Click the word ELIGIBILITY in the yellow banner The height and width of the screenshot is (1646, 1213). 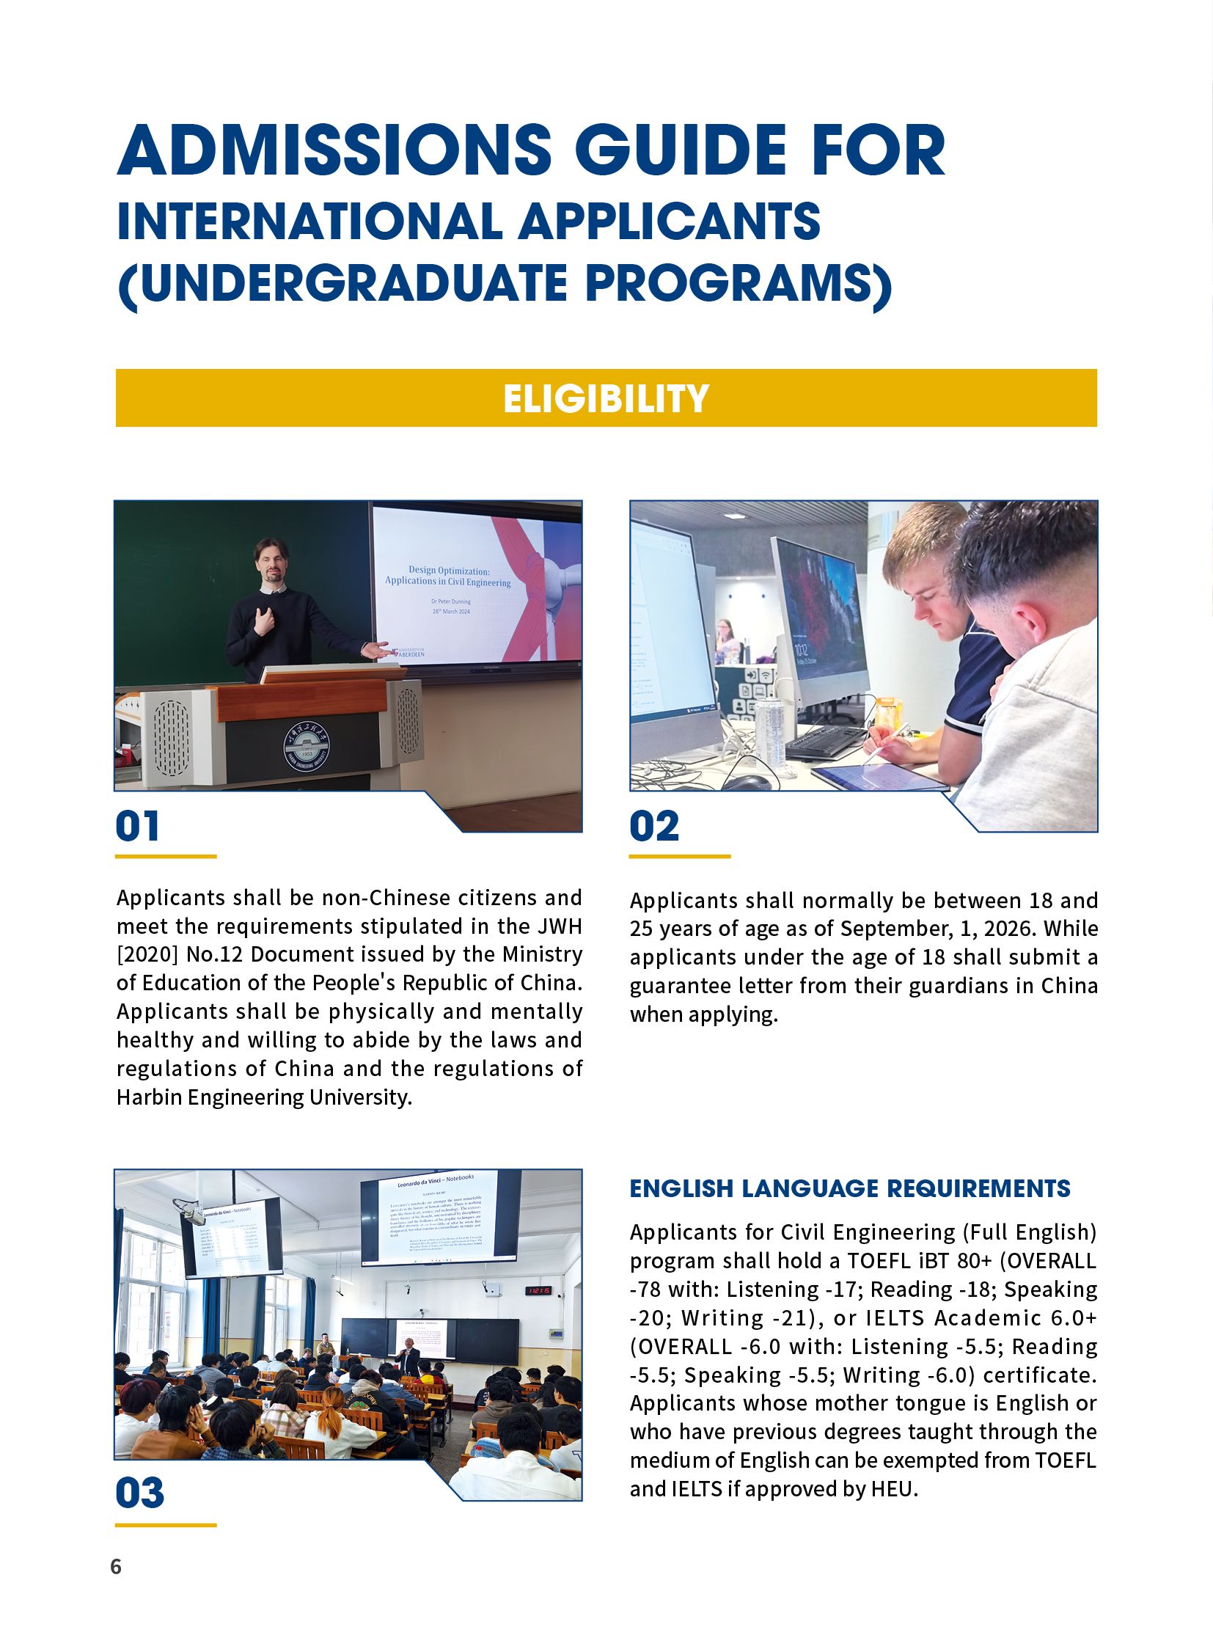606,398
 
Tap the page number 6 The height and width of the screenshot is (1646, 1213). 116,1567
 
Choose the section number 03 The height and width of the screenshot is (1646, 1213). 140,1493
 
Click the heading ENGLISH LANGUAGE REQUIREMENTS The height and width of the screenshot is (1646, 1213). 849,1188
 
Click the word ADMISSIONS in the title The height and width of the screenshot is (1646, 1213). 334,150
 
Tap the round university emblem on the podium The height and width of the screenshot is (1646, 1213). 308,749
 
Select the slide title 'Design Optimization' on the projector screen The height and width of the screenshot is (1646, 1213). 449,571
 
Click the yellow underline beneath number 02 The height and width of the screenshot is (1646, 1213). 679,857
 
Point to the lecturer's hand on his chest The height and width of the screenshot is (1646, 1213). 264,622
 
